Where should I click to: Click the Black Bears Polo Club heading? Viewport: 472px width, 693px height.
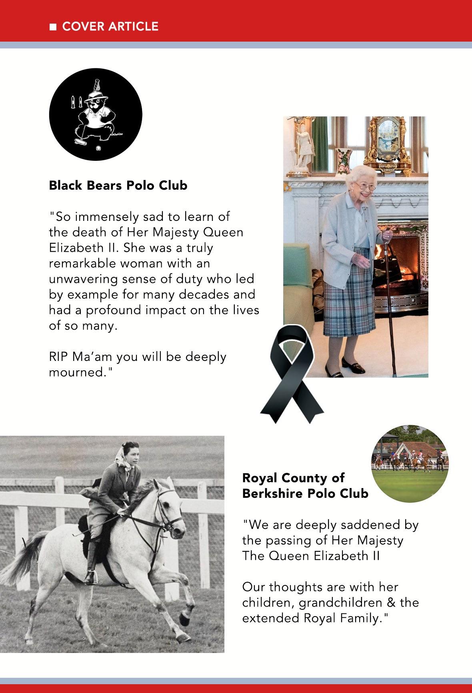tap(118, 186)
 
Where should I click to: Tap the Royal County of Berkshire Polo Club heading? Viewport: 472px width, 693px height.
tap(305, 486)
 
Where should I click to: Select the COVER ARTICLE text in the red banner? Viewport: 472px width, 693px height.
tap(110, 26)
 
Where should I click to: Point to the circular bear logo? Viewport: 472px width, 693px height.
tap(96, 114)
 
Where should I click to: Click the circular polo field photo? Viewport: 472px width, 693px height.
tap(410, 464)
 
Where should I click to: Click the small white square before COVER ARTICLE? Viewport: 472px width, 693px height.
tap(52, 27)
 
